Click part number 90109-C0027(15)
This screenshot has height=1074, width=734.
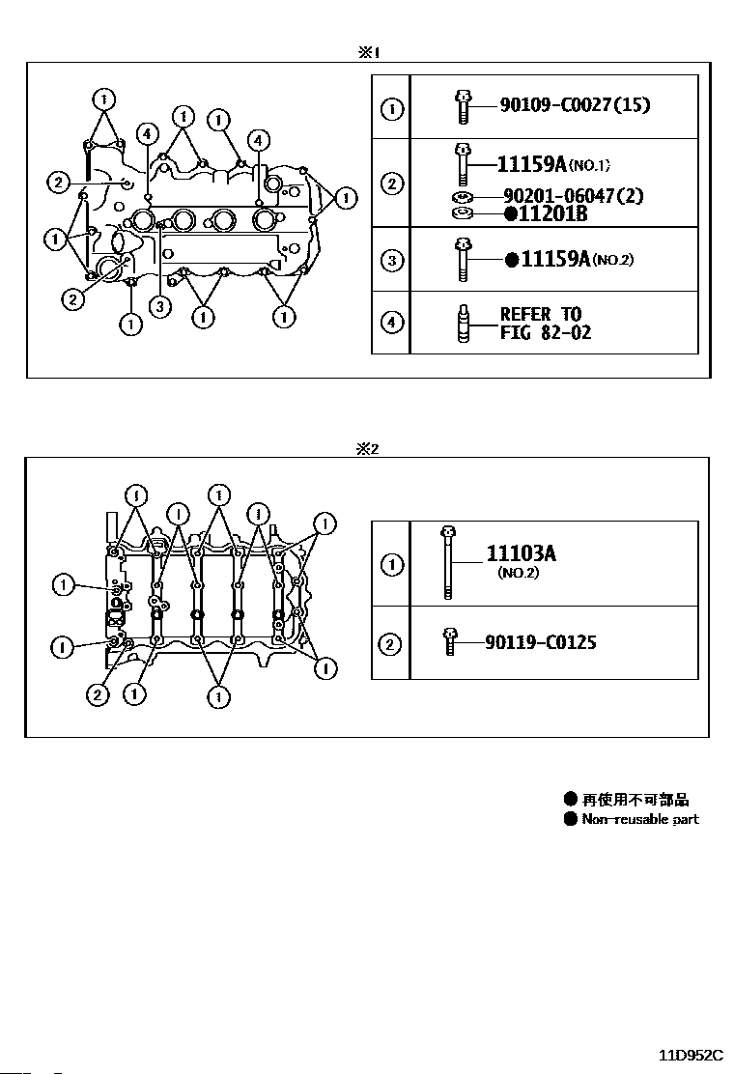[575, 105]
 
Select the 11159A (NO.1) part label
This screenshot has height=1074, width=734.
[552, 164]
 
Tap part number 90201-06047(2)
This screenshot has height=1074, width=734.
[573, 196]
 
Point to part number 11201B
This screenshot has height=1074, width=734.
[546, 213]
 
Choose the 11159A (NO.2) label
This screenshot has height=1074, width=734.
[569, 259]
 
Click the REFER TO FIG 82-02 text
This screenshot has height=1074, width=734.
[545, 324]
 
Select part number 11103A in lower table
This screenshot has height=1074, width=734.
[522, 553]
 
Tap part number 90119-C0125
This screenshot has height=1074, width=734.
[540, 642]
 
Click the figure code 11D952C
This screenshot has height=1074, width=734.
[691, 1054]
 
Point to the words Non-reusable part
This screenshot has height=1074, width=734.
[640, 819]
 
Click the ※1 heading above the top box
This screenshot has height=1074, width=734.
[368, 52]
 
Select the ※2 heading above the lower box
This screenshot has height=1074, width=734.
[367, 449]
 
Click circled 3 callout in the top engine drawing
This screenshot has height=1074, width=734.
[159, 306]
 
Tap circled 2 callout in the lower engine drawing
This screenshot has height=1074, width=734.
[98, 695]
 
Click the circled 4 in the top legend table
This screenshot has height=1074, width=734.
[391, 323]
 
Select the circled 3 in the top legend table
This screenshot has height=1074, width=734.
[391, 260]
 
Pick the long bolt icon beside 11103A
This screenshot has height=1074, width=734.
[448, 562]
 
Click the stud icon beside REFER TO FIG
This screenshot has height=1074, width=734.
[463, 324]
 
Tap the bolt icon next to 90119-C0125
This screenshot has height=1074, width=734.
[449, 642]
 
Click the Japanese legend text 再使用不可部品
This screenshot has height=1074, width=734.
[635, 800]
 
